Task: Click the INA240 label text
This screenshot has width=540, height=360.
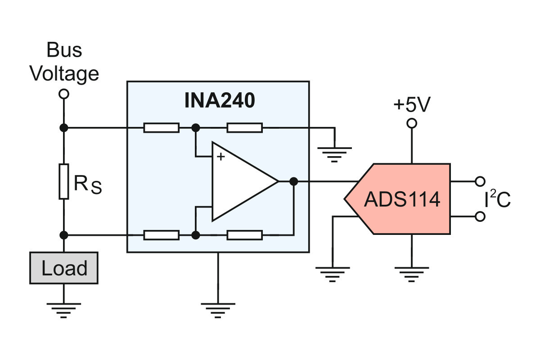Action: click(220, 100)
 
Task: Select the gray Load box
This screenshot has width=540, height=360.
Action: click(64, 268)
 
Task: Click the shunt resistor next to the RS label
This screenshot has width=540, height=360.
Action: click(64, 181)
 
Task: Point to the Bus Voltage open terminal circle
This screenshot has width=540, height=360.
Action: click(64, 94)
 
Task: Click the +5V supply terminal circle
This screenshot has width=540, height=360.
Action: click(412, 123)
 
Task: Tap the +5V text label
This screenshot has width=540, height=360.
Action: click(412, 104)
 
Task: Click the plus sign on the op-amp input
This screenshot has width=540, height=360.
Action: click(220, 157)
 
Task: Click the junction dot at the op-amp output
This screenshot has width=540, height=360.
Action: click(293, 181)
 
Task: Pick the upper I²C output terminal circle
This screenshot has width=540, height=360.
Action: click(480, 181)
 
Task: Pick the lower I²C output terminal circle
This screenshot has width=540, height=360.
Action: click(480, 216)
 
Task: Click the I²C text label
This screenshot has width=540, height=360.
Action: click(497, 198)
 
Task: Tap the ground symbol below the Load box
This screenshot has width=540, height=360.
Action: click(63, 310)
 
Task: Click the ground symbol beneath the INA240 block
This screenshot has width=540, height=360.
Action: click(218, 310)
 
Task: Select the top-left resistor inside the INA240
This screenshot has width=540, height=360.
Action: click(161, 128)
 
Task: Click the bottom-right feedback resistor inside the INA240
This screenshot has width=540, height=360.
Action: click(245, 235)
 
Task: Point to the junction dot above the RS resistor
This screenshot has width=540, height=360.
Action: click(64, 128)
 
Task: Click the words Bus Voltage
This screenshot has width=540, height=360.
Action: click(64, 62)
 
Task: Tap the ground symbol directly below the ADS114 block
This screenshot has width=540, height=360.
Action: click(412, 274)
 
